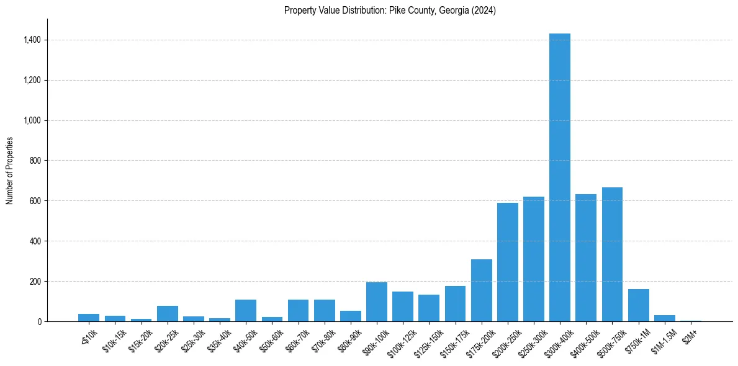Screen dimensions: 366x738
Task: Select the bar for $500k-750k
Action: tap(612, 254)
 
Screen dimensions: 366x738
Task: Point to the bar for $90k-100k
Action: tap(376, 302)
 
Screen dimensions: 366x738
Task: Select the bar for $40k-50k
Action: tap(245, 311)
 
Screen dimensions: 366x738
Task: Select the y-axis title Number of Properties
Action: tap(9, 171)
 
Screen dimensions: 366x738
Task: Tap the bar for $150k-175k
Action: tap(455, 304)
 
